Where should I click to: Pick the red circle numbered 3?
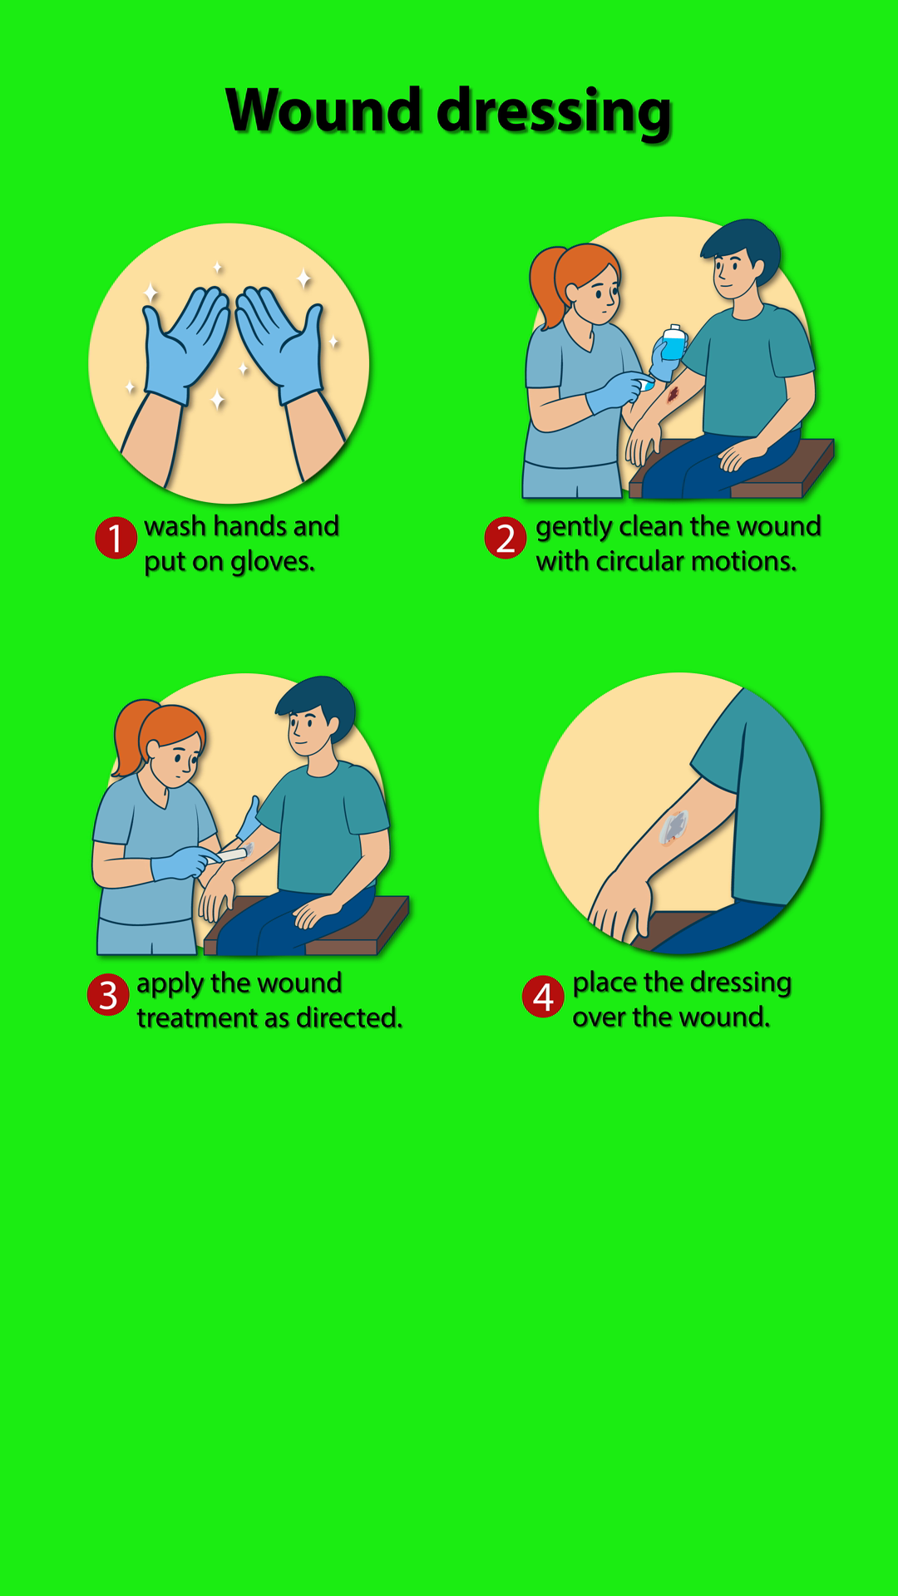(108, 995)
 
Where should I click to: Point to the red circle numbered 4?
(543, 996)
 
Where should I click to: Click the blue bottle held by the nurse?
(673, 342)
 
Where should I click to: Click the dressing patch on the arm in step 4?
(673, 827)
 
